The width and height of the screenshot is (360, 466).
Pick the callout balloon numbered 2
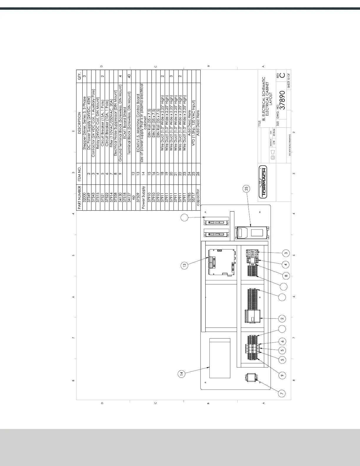coord(282,319)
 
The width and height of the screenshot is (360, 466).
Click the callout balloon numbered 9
coord(282,375)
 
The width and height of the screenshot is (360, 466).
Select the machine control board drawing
coord(222,262)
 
